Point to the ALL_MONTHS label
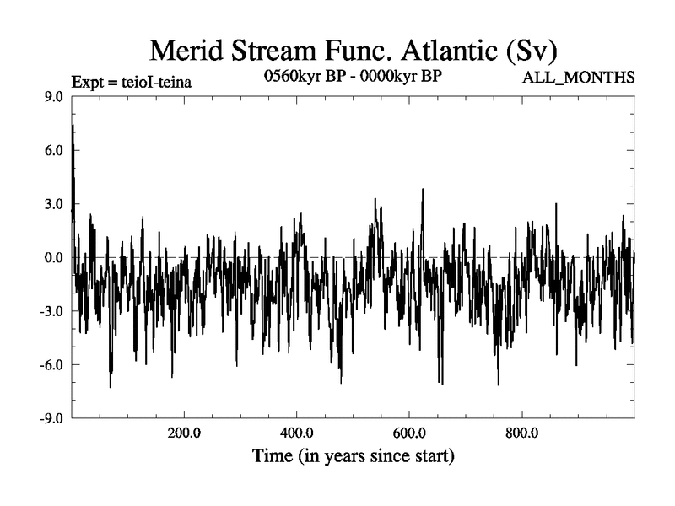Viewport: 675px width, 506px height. (x=580, y=78)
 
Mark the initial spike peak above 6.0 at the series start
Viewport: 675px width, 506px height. (x=73, y=126)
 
